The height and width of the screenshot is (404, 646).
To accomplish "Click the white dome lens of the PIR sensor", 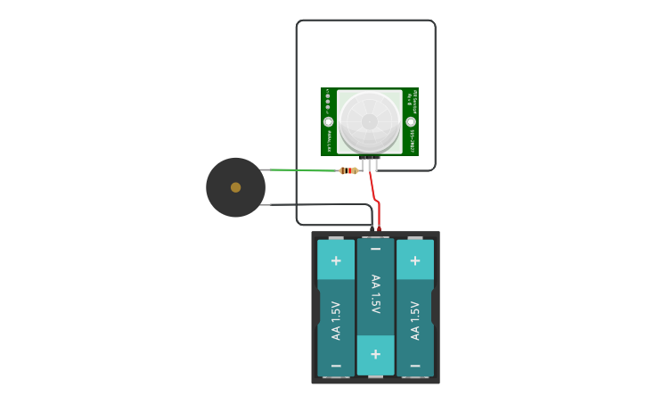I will pyautogui.click(x=369, y=121).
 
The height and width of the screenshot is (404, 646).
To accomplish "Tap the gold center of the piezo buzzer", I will pyautogui.click(x=235, y=187).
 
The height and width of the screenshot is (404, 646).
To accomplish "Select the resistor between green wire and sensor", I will pyautogui.click(x=348, y=170).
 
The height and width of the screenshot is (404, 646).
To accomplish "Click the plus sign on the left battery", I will pyautogui.click(x=336, y=260).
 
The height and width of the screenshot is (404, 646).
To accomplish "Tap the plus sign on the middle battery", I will pyautogui.click(x=375, y=354).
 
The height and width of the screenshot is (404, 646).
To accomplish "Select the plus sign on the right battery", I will pyautogui.click(x=414, y=260).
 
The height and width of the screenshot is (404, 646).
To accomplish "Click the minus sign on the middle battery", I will pyautogui.click(x=375, y=250).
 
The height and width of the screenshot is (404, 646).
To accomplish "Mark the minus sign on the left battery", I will pyautogui.click(x=336, y=366).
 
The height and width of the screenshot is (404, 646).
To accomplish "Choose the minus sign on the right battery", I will pyautogui.click(x=414, y=366).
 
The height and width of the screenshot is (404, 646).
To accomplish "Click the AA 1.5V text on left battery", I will pyautogui.click(x=336, y=320).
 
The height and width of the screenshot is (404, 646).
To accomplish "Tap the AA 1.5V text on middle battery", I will pyautogui.click(x=375, y=294).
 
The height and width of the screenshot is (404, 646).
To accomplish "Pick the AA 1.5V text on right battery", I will pyautogui.click(x=414, y=320).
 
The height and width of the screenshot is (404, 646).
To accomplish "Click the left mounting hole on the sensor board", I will pyautogui.click(x=328, y=121).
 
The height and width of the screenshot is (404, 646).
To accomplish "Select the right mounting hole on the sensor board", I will pyautogui.click(x=411, y=121).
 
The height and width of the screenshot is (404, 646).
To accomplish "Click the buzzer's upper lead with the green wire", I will pyautogui.click(x=265, y=169).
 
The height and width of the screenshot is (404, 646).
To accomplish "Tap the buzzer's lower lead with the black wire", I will pyautogui.click(x=265, y=204).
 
